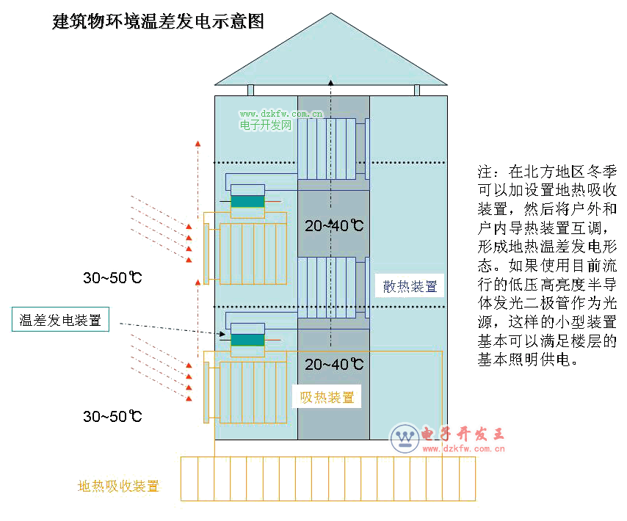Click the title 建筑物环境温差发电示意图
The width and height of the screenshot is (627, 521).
[158, 21]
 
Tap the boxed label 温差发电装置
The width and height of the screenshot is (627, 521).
[60, 320]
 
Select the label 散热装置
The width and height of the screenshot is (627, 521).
[410, 286]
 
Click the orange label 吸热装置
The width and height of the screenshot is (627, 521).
[327, 398]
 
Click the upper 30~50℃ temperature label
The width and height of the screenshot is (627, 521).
[112, 278]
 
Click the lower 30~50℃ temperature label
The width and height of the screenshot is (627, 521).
[112, 417]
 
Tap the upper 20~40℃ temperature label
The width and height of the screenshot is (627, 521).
[334, 225]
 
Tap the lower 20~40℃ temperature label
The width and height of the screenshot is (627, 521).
[334, 364]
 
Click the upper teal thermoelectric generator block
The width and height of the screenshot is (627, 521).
[247, 201]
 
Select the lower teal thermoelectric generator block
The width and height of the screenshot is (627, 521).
[247, 340]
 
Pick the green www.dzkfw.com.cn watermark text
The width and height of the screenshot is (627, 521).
[281, 114]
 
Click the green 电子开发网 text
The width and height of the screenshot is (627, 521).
[266, 125]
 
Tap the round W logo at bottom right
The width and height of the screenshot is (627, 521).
[404, 438]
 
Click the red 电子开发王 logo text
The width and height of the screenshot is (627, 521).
[463, 434]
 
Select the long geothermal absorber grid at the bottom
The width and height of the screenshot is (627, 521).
[327, 478]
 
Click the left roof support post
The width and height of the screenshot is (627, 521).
[250, 90]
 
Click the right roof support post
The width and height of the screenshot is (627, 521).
[417, 90]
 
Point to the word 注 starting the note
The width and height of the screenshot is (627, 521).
[485, 172]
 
